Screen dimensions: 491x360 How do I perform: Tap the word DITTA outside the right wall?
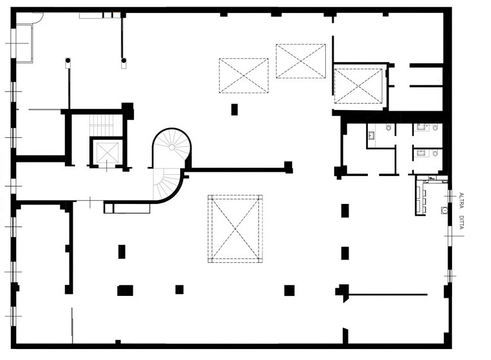pyautogui.click(x=461, y=222)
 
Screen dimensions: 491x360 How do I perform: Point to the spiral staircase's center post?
pyautogui.click(x=172, y=147)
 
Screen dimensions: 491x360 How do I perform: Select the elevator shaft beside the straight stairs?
pyautogui.click(x=107, y=152)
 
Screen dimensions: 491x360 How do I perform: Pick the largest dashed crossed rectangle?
pyautogui.click(x=235, y=229)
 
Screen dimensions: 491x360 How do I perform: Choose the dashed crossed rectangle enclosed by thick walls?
pyautogui.click(x=358, y=86)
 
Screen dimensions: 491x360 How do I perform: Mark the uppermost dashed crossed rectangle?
pyautogui.click(x=301, y=61)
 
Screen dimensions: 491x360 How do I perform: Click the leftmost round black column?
pyautogui.click(x=67, y=60)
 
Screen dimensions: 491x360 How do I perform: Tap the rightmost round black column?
pyautogui.click(x=124, y=60)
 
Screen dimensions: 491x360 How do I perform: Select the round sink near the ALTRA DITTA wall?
pyautogui.click(x=444, y=210)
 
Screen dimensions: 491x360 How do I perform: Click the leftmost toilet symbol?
pyautogui.click(x=389, y=128)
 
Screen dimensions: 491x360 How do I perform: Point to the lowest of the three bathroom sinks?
pyautogui.click(x=421, y=153)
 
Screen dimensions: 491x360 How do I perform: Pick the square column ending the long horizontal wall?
pyautogui.click(x=288, y=167)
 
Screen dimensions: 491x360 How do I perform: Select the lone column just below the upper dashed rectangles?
pyautogui.click(x=234, y=109)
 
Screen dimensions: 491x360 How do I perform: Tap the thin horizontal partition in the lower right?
pyautogui.click(x=388, y=295)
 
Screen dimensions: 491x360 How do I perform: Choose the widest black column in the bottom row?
pyautogui.click(x=125, y=290)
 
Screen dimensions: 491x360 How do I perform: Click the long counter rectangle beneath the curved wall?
pyautogui.click(x=131, y=208)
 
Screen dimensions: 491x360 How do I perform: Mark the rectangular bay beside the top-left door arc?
pyautogui.click(x=25, y=43)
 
